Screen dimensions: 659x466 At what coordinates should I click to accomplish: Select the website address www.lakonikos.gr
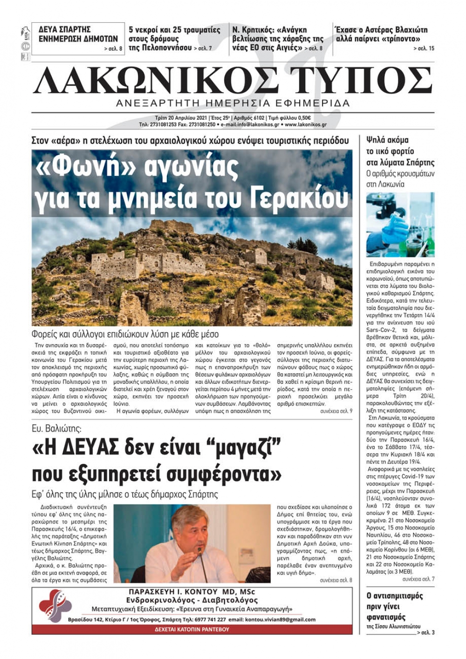pyautogui.click(x=305, y=125)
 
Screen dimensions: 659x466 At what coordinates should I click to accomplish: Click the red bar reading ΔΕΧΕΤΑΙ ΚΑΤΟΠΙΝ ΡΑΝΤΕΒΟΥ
pyautogui.click(x=192, y=629)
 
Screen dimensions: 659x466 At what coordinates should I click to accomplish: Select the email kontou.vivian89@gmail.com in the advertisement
pyautogui.click(x=279, y=619)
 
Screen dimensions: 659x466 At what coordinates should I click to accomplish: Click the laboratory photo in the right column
pyautogui.click(x=400, y=224)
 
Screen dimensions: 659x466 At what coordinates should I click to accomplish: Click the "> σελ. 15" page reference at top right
pyautogui.click(x=424, y=48)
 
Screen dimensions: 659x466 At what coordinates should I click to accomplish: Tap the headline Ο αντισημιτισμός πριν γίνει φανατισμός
pyautogui.click(x=394, y=606)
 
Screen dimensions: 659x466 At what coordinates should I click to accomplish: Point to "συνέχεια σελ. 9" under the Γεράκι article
pyautogui.click(x=336, y=411)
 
